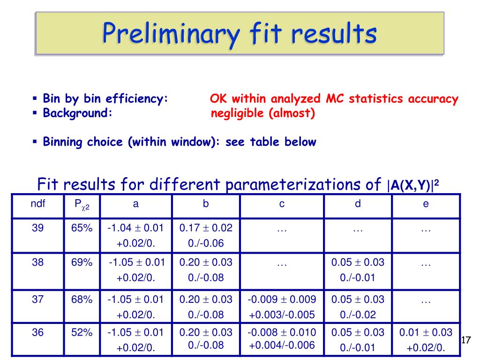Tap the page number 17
[465, 340]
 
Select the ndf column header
[38, 203]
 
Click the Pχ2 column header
[82, 205]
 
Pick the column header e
[426, 204]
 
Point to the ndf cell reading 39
[37, 228]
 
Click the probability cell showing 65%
[82, 228]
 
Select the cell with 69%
[82, 262]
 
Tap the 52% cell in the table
[82, 332]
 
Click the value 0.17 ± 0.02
[206, 228]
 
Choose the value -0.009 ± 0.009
[282, 299]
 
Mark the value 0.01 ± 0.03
[426, 332]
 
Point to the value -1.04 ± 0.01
[135, 228]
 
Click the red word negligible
[237, 113]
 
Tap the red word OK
[218, 98]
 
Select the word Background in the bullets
[75, 112]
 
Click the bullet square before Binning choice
[35, 142]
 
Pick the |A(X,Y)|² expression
[413, 185]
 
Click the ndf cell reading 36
[37, 332]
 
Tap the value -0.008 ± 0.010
[282, 332]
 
